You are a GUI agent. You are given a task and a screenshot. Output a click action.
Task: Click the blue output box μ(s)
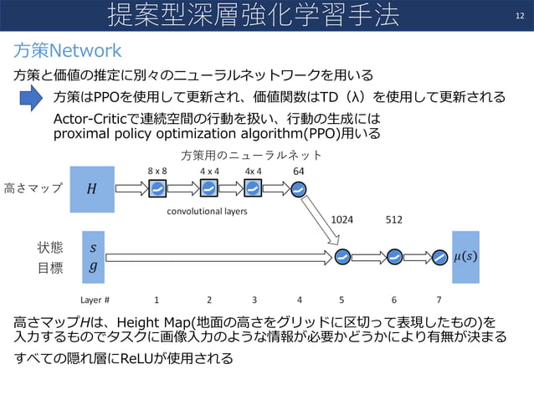[466, 254]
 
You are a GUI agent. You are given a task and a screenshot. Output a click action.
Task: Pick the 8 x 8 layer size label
[158, 171]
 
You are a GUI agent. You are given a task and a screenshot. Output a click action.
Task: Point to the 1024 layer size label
[343, 219]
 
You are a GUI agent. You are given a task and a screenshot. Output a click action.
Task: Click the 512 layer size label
[394, 219]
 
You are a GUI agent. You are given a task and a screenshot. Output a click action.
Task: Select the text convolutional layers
[206, 212]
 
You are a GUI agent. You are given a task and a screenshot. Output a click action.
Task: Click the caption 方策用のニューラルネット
[251, 155]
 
